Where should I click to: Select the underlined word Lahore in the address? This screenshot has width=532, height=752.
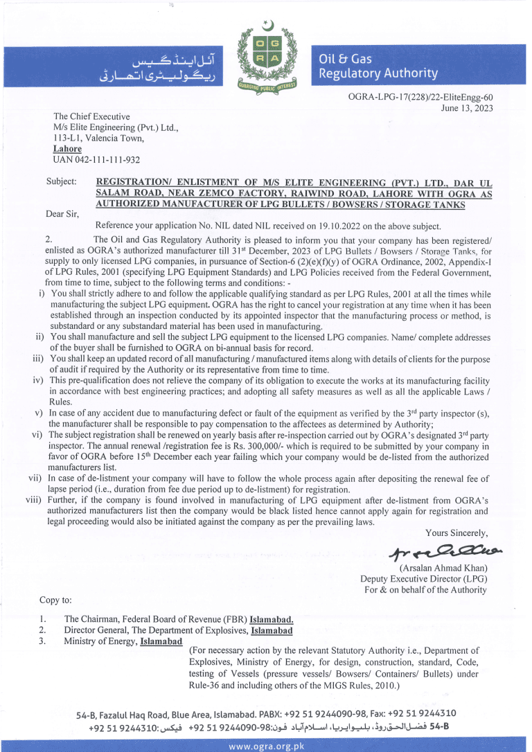tap(68, 149)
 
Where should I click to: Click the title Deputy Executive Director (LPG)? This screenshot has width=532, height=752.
tap(423, 579)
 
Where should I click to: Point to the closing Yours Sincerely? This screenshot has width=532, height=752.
tap(456, 532)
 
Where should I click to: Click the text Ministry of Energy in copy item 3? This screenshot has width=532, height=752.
tap(100, 641)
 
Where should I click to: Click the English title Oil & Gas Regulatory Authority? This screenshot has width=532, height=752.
tap(378, 66)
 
